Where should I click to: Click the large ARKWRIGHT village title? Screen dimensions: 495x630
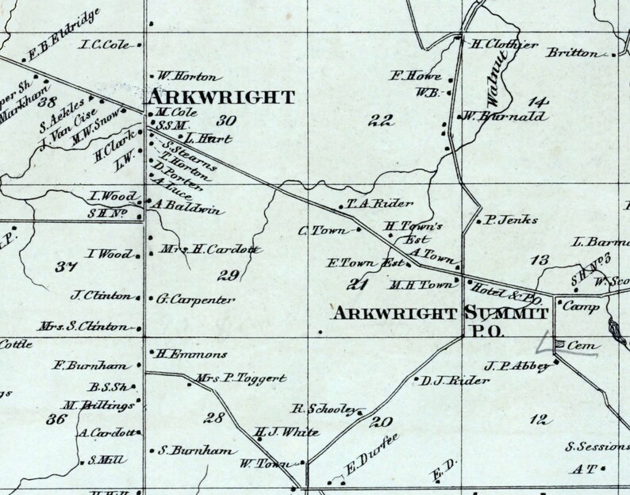point(222,98)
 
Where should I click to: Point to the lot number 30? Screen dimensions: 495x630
point(226,121)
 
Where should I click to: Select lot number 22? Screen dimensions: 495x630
point(382,121)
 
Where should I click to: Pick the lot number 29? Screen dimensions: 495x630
point(229,275)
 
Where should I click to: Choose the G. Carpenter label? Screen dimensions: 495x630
point(196,299)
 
